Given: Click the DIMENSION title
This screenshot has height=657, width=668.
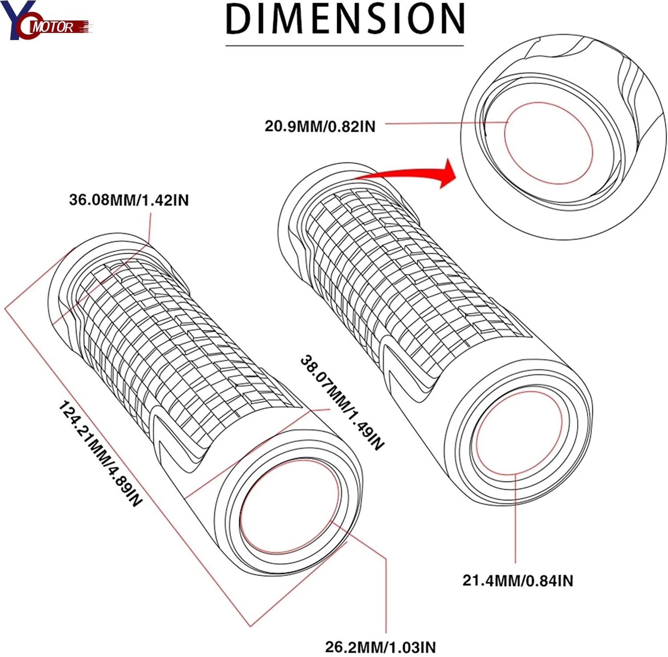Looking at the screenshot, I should click(x=345, y=19).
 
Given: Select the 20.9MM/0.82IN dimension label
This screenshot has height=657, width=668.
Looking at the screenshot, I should click(x=320, y=126).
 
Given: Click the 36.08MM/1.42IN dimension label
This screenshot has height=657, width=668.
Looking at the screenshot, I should click(x=129, y=200).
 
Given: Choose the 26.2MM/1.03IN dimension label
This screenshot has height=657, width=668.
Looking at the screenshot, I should click(x=380, y=646).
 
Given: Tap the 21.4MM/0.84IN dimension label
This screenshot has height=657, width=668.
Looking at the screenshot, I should click(x=517, y=580).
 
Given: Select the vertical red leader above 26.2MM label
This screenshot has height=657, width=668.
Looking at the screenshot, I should click(x=386, y=592).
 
